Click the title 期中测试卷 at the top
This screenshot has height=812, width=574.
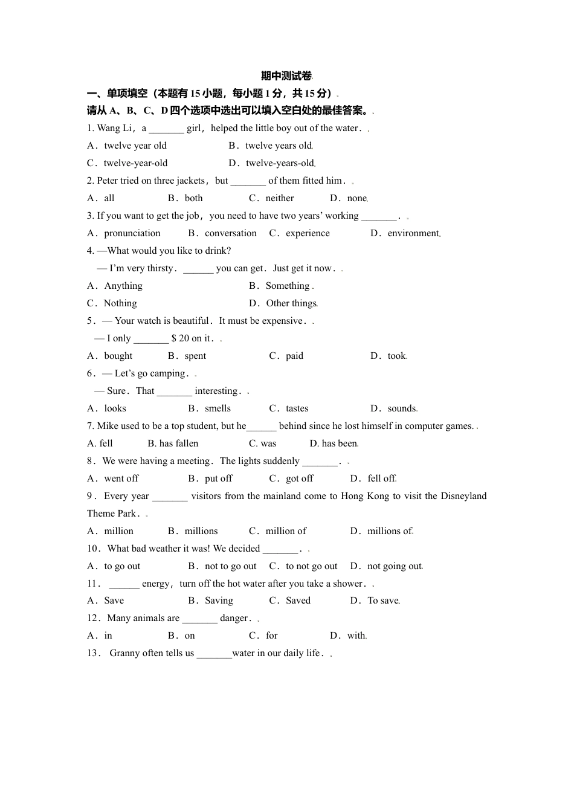point(286,76)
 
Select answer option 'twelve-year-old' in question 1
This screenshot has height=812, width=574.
point(135,163)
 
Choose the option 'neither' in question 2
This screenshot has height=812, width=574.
point(280,198)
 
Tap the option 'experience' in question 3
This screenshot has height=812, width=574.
point(308,233)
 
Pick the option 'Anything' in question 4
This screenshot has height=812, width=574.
point(123,286)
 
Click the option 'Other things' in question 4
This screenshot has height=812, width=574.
point(291,303)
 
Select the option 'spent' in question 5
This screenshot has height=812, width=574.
point(195,356)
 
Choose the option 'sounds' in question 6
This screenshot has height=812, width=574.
point(402,408)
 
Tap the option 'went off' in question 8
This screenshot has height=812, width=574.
point(121,478)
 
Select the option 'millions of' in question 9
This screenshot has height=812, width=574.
point(390,531)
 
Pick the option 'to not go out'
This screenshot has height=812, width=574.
point(311,566)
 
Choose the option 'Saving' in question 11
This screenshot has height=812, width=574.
point(219,601)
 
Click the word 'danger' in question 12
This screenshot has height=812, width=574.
point(234,618)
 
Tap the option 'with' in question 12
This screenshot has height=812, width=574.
point(356,636)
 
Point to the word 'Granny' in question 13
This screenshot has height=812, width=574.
point(124,653)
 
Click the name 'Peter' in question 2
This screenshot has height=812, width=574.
point(108,181)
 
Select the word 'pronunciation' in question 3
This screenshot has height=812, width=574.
point(132,233)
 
